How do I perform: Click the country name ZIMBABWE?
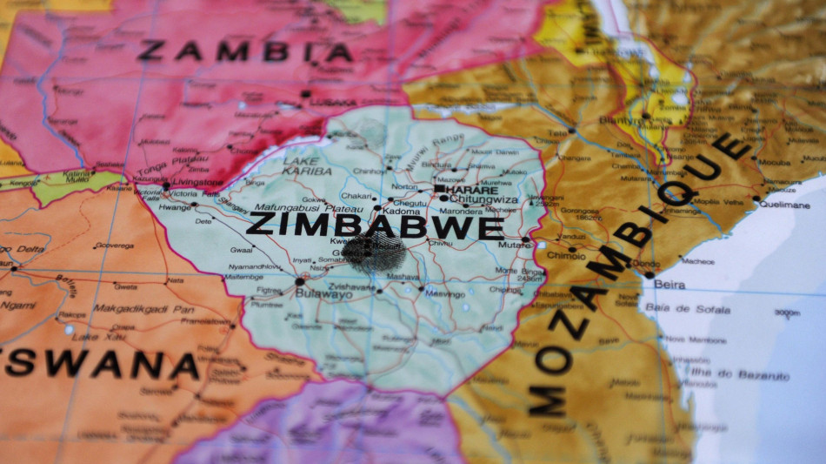[x=375, y=226]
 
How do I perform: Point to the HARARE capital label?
[x=473, y=190]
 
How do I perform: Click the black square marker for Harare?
[x=440, y=189]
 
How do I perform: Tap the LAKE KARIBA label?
[x=301, y=166]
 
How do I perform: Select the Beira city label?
[x=669, y=285]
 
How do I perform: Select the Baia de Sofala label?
[x=688, y=309]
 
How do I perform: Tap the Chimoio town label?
[x=565, y=256]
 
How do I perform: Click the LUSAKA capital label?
[x=332, y=103]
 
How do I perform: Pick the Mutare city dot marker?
[x=526, y=239]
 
